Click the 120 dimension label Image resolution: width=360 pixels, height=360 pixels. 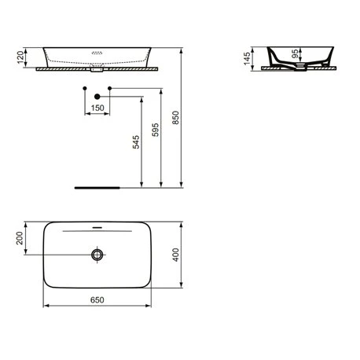(x=20, y=57)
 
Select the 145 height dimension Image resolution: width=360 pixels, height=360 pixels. (x=247, y=59)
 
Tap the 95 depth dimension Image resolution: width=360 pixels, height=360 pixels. (x=295, y=53)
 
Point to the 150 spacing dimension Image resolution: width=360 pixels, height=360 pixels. (x=97, y=108)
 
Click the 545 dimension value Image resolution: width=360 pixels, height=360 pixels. (x=136, y=142)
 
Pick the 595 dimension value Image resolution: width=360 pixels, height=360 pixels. (x=156, y=130)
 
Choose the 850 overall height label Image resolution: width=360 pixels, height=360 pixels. (x=175, y=118)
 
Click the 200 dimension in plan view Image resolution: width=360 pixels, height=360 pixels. (x=20, y=238)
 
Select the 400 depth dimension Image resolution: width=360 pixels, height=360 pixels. (x=175, y=255)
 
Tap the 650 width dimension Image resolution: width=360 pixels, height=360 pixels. (x=97, y=299)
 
